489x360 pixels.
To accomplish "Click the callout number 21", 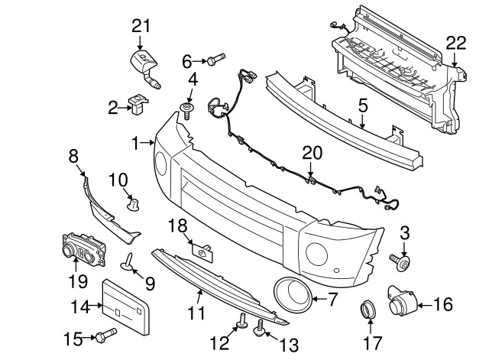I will coord(139,27).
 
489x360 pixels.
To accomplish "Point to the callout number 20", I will coord(310,154).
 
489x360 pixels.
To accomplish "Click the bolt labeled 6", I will coord(215,59).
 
